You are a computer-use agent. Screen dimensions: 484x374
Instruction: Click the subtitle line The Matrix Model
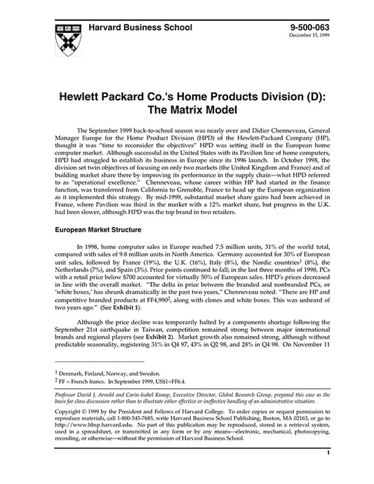(187, 130)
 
